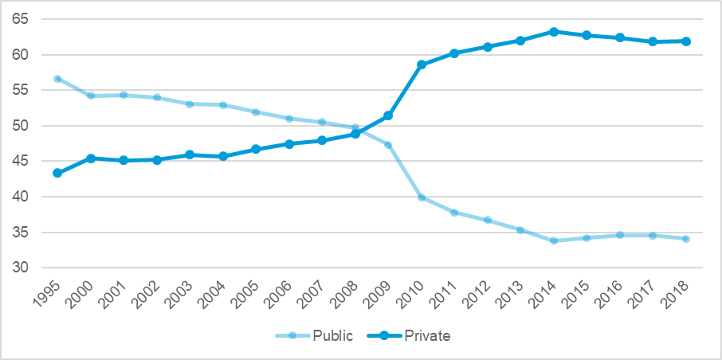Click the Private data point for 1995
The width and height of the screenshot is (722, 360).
57,173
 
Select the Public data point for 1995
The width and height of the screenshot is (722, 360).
57,79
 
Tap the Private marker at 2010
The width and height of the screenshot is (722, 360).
421,65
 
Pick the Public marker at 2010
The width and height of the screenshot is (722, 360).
421,198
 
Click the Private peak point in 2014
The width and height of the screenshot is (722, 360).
553,32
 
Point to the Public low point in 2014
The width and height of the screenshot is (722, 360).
553,241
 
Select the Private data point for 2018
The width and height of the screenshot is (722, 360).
685,41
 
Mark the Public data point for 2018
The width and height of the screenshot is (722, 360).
685,239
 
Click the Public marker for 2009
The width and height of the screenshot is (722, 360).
388,145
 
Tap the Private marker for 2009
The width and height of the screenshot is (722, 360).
388,115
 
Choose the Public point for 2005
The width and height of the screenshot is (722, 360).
256,112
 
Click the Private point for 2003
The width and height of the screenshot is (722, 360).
190,155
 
